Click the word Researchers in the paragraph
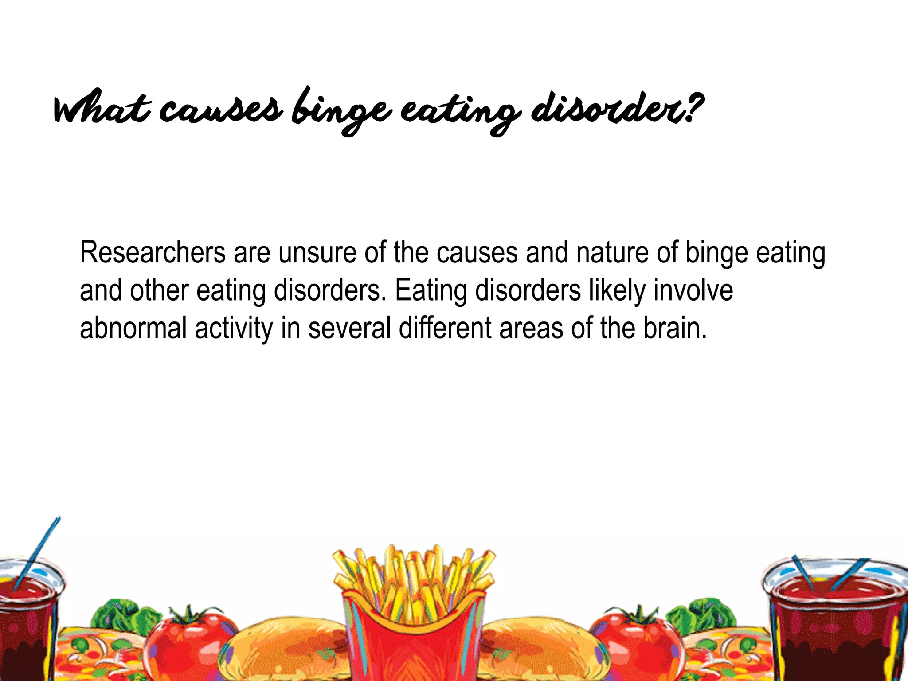click(153, 253)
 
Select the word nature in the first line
click(613, 253)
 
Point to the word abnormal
click(133, 329)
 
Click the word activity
click(234, 329)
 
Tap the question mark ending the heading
click(693, 106)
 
